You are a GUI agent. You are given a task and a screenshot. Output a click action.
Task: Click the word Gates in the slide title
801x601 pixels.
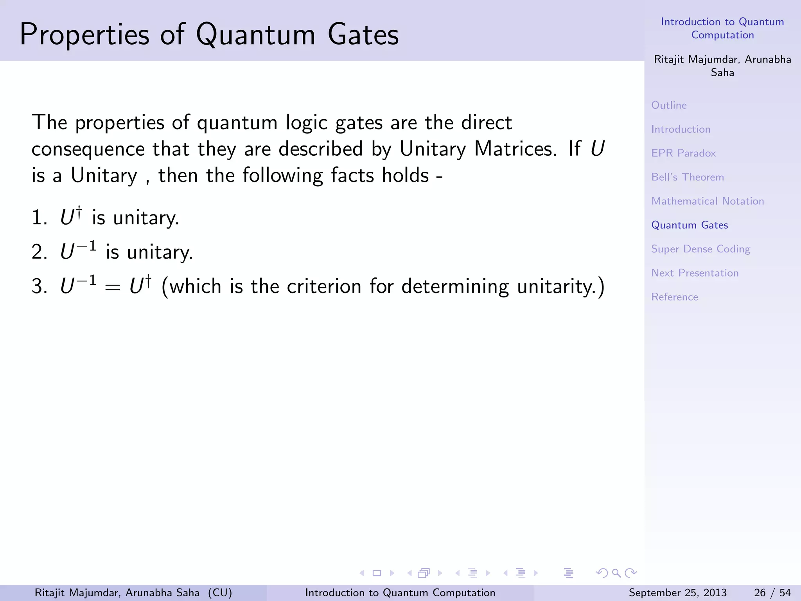(x=363, y=35)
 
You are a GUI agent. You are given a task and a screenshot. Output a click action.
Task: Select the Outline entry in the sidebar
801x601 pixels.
(x=669, y=105)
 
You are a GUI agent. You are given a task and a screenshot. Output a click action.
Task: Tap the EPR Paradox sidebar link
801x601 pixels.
(x=683, y=153)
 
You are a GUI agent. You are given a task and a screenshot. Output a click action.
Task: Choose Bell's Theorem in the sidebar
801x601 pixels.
(x=687, y=177)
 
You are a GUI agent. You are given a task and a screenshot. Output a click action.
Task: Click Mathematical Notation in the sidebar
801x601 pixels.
(x=707, y=201)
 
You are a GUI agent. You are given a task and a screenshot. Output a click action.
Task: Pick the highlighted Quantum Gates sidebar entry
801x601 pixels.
(x=689, y=225)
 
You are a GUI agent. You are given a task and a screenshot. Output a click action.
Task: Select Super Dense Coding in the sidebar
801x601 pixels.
(x=700, y=249)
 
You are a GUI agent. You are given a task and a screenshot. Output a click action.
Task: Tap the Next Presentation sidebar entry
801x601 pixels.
(x=695, y=273)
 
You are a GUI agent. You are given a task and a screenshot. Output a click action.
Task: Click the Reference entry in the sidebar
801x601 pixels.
(x=674, y=297)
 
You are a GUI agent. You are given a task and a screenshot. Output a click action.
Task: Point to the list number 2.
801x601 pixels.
(x=38, y=252)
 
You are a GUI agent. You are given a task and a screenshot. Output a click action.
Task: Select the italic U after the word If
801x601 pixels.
(x=597, y=149)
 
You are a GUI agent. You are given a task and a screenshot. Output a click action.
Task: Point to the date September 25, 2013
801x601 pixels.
(x=677, y=593)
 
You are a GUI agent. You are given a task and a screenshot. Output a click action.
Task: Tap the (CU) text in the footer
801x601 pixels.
(x=220, y=593)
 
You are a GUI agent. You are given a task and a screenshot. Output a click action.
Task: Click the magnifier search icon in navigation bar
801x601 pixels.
(x=616, y=573)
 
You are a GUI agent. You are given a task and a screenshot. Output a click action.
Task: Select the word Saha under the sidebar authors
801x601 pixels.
(x=722, y=73)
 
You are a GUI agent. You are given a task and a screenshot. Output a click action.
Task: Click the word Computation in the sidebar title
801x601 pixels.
(x=722, y=35)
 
